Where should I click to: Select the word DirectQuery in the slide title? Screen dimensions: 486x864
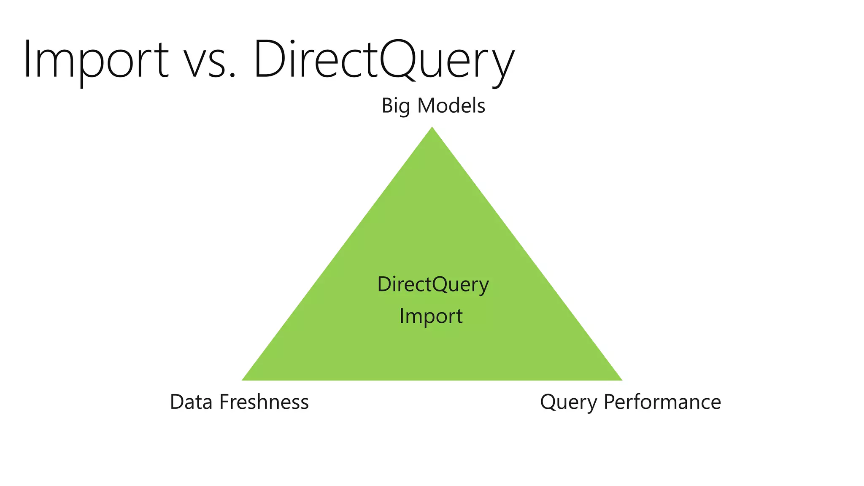coord(384,59)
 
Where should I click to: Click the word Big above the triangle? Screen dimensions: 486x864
coord(395,106)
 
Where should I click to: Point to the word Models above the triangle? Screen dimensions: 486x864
coord(451,105)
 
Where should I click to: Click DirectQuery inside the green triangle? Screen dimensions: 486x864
coord(433,284)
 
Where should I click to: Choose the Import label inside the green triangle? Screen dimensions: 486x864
coord(431,316)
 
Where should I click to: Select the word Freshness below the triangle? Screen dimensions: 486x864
coord(264,402)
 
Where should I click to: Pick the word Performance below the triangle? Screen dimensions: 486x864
coord(662,402)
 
